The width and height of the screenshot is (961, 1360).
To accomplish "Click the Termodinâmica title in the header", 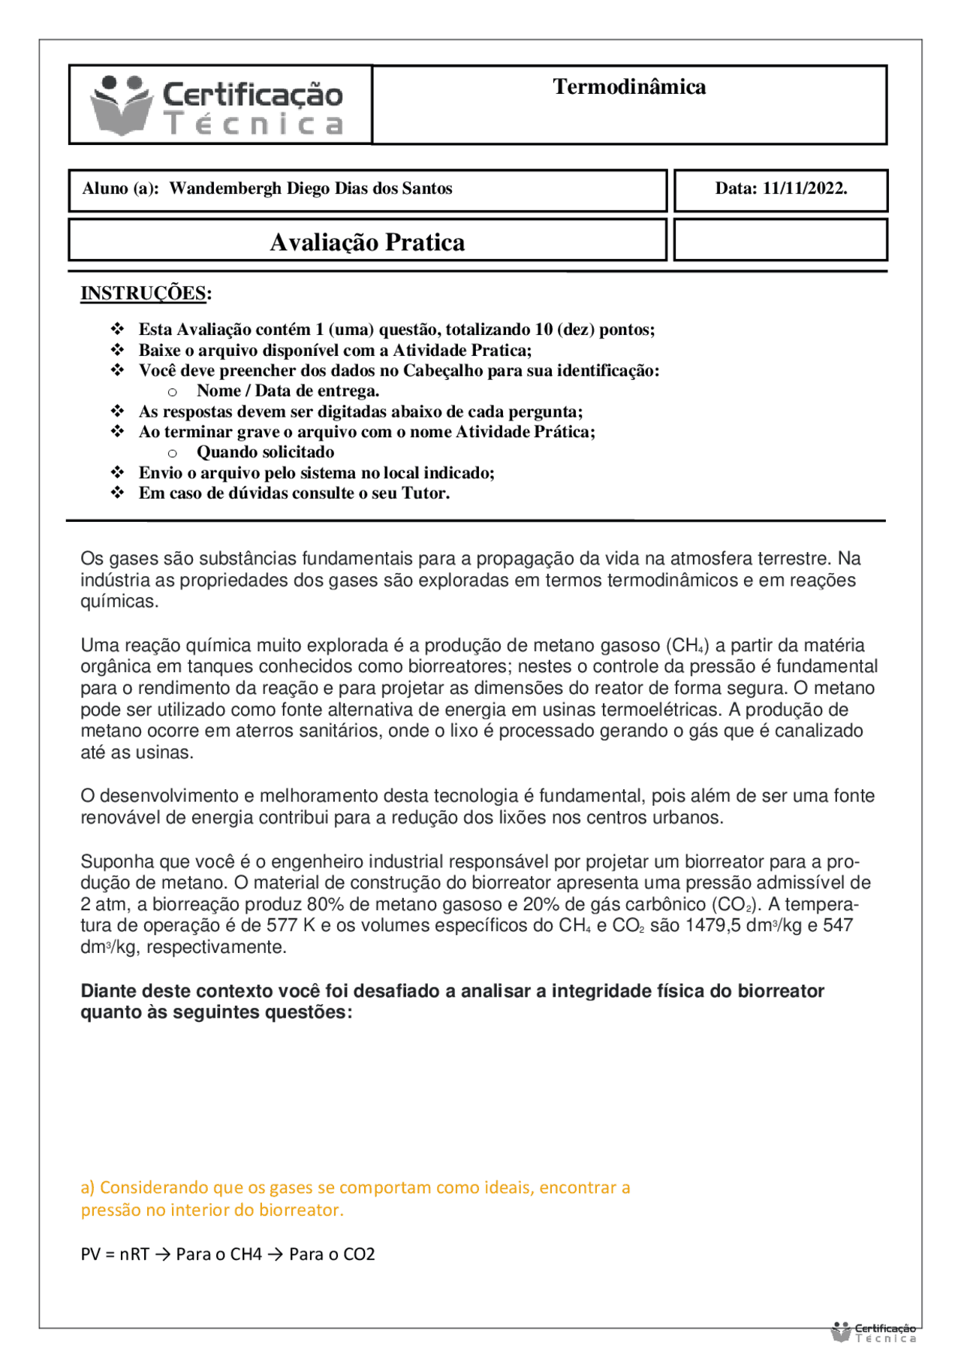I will click(629, 87).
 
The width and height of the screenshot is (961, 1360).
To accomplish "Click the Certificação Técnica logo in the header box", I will click(218, 106).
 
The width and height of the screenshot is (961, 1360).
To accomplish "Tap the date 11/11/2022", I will click(804, 188).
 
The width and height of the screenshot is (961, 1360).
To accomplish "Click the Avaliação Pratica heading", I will click(367, 243).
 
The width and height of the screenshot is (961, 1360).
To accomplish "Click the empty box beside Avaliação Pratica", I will click(780, 240).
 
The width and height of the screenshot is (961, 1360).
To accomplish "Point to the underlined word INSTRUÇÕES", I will click(143, 293).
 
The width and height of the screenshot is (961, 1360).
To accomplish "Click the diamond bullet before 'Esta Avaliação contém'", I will click(118, 329).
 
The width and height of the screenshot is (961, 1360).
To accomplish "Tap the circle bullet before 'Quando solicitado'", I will click(173, 453).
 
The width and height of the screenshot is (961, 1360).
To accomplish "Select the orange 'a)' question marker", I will click(88, 1187).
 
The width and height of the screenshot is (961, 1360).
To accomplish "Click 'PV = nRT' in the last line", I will click(114, 1254).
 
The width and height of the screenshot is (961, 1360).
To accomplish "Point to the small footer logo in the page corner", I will click(873, 1333).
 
